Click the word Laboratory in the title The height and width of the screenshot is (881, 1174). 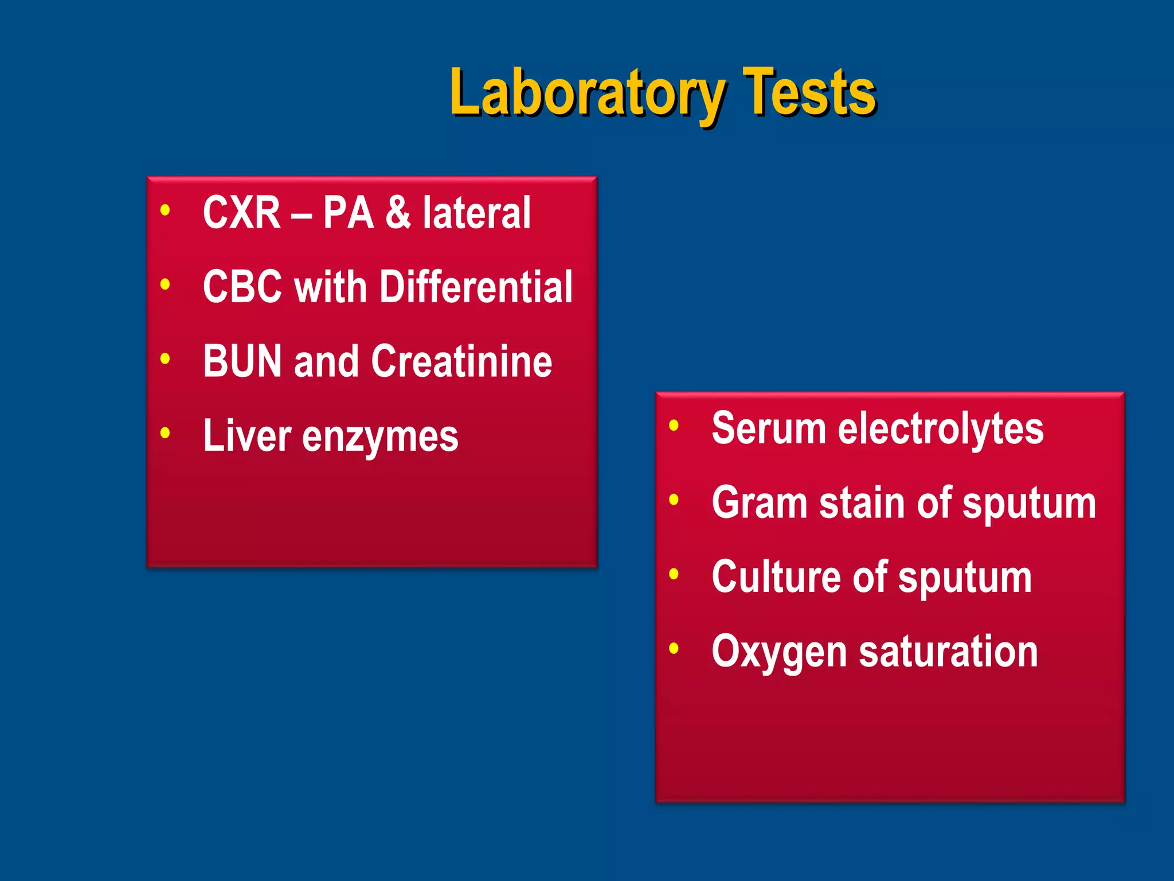[587, 93]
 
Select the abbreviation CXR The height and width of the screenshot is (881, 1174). [241, 213]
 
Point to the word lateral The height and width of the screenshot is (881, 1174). [477, 213]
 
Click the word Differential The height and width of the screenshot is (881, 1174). [476, 286]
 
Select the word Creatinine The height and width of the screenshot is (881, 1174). [461, 361]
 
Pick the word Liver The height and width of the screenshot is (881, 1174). [247, 435]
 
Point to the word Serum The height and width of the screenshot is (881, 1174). [768, 428]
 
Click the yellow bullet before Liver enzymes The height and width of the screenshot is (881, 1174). [165, 432]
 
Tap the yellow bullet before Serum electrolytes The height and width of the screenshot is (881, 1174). [674, 426]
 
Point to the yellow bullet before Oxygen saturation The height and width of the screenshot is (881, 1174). [674, 649]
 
